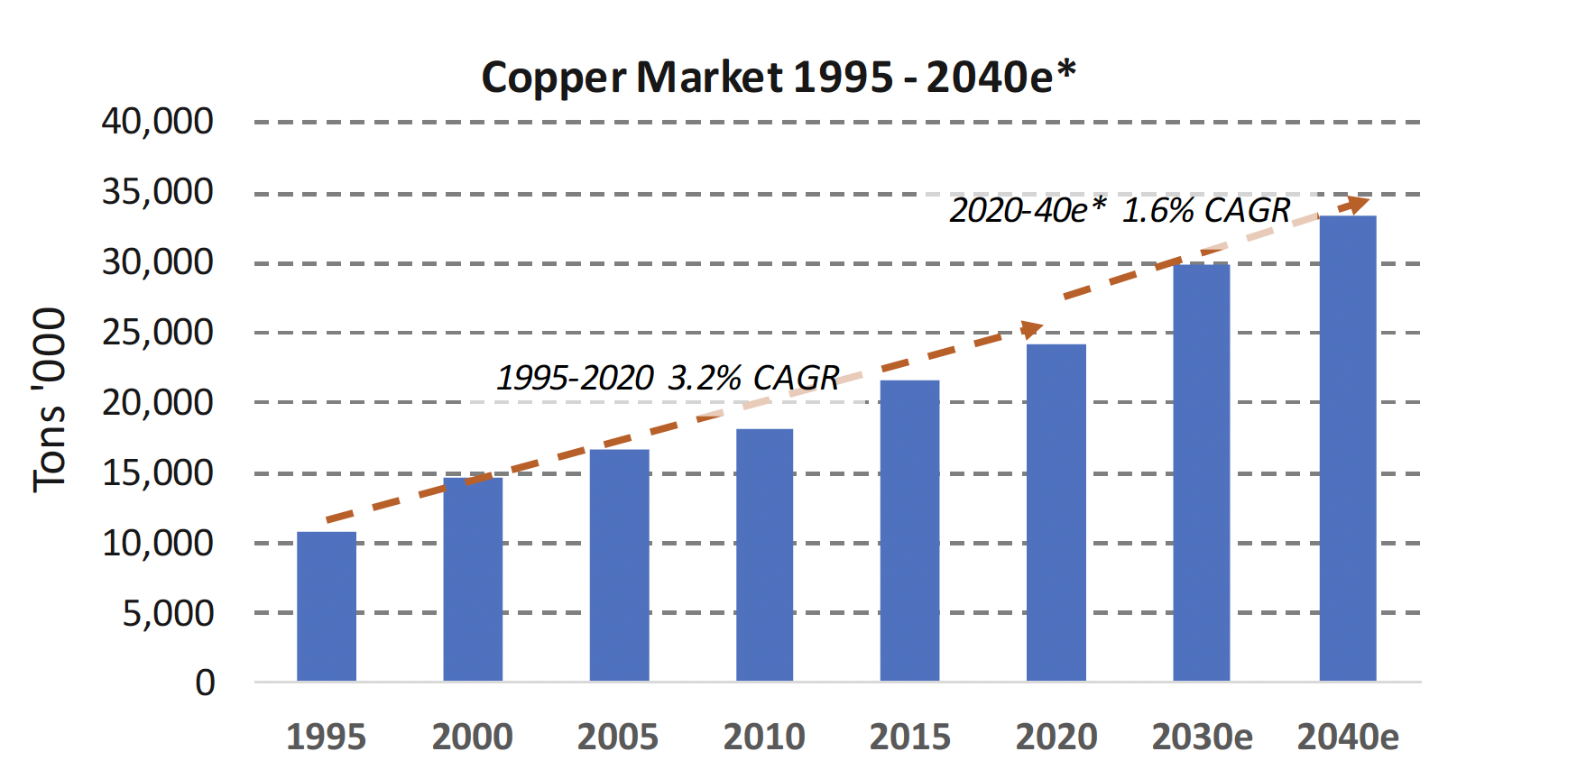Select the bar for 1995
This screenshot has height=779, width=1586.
tap(327, 606)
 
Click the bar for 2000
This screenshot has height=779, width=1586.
tap(473, 579)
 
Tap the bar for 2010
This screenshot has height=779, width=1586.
tap(764, 554)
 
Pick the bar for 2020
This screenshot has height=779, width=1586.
tap(1056, 512)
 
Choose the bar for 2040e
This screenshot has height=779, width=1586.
tap(1348, 448)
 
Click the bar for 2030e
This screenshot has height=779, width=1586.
tap(1201, 472)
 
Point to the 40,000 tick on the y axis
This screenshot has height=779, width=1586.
tap(157, 121)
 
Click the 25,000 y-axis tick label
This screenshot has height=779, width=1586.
tap(157, 333)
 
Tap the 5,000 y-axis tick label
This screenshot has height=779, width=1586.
tap(168, 613)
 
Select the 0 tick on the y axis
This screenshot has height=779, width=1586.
tap(205, 683)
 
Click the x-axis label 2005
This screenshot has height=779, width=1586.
tap(618, 738)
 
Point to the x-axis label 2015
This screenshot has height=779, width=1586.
tap(909, 738)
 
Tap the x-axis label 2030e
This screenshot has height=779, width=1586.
tap(1202, 738)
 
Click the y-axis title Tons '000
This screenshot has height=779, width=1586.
tap(50, 400)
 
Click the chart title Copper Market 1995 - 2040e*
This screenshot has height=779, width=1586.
tap(779, 77)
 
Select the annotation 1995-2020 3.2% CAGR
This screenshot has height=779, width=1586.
tap(668, 378)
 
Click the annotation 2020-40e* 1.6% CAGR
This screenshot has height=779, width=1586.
tap(1120, 211)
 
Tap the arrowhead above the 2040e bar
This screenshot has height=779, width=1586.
tap(1356, 203)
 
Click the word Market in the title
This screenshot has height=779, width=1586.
tap(709, 77)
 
